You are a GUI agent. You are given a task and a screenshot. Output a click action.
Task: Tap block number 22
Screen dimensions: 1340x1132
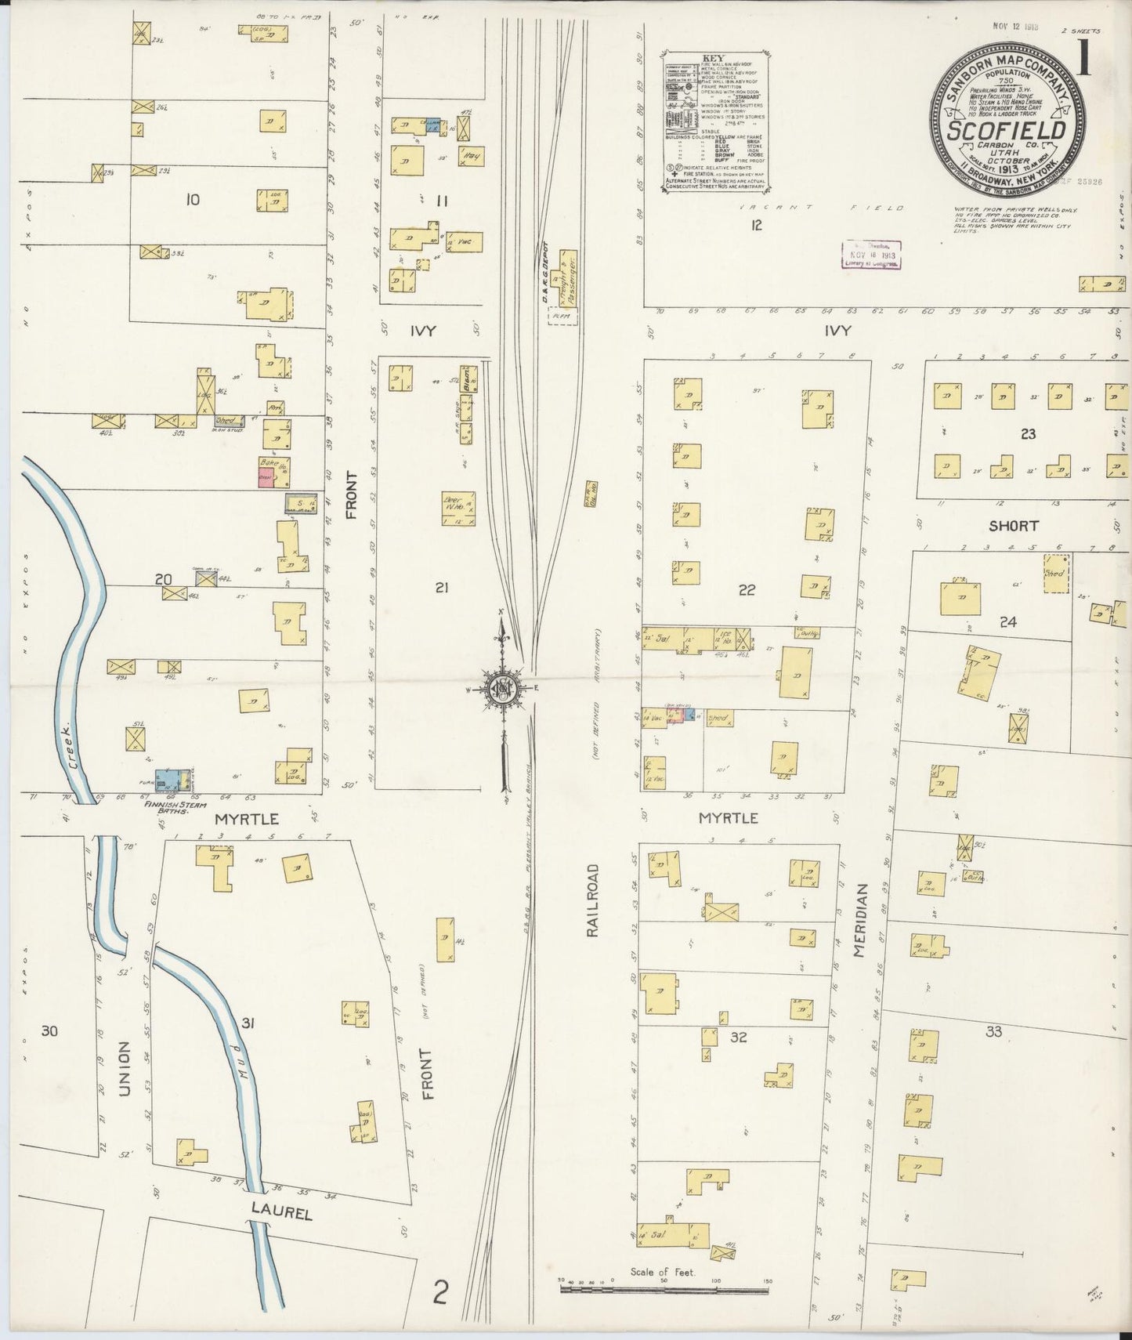pyautogui.click(x=746, y=590)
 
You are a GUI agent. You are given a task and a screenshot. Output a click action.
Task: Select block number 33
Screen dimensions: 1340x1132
pyautogui.click(x=993, y=1032)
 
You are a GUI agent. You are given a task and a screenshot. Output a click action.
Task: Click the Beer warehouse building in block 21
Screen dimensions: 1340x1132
pyautogui.click(x=458, y=508)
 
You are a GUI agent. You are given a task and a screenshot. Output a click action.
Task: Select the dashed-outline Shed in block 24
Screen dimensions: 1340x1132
pyautogui.click(x=1057, y=574)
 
